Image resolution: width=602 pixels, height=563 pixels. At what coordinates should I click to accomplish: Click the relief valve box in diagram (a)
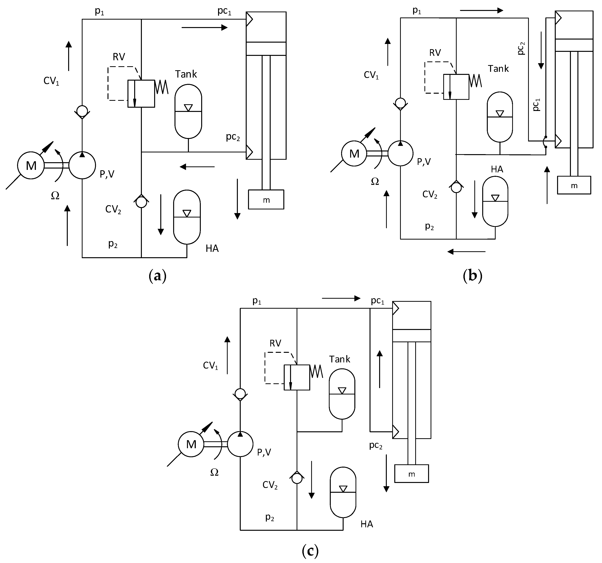coord(141,94)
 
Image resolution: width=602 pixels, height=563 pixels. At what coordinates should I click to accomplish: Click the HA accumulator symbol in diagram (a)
coord(187,217)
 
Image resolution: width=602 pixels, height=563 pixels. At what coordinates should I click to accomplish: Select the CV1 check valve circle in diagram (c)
coord(240,394)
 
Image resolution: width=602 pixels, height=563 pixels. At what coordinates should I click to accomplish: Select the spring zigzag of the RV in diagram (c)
coord(316,371)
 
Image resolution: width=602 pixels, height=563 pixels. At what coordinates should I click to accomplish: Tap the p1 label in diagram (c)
coord(257,301)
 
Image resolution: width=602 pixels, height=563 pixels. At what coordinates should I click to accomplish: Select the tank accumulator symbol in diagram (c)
coord(342,394)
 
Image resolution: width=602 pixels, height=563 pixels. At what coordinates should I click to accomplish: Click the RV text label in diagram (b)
coord(435,53)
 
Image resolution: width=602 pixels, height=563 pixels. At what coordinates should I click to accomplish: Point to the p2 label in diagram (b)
coord(429,226)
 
